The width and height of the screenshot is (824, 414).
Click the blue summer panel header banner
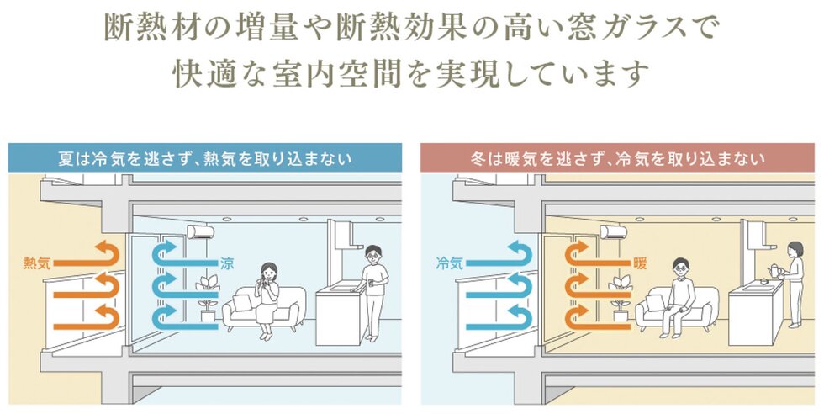point(204,158)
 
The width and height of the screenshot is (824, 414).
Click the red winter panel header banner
point(620,158)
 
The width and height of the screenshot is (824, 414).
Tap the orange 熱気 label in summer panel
point(39,263)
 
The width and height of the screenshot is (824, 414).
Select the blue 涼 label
point(227,263)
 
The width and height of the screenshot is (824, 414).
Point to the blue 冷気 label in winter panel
point(450,263)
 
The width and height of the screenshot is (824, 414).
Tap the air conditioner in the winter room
point(615,231)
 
